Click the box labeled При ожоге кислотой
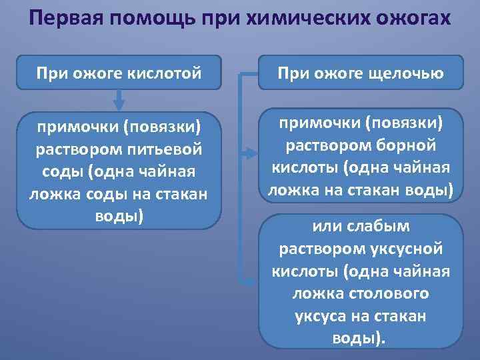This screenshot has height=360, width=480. pyautogui.click(x=119, y=72)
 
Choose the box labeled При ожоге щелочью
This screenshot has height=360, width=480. pyautogui.click(x=361, y=72)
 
